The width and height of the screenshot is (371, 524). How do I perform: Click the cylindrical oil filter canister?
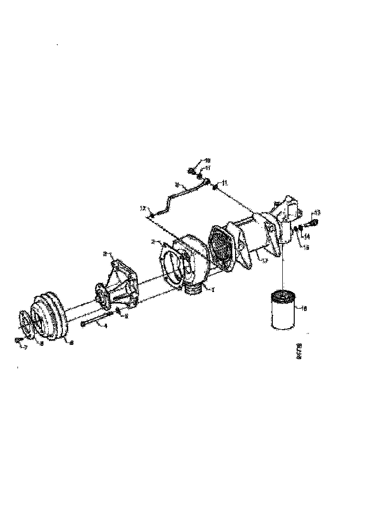[282, 311]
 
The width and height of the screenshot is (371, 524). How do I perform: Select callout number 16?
[304, 309]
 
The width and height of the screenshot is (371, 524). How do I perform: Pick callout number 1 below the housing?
[213, 289]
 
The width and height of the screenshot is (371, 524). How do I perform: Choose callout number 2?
[153, 242]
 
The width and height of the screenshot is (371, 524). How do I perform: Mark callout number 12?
[142, 208]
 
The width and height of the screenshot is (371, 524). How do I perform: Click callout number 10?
[207, 161]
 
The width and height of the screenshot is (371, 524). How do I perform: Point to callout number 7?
[26, 348]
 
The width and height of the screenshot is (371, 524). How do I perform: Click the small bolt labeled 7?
[18, 340]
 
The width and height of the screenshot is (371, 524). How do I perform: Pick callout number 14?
[307, 236]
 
